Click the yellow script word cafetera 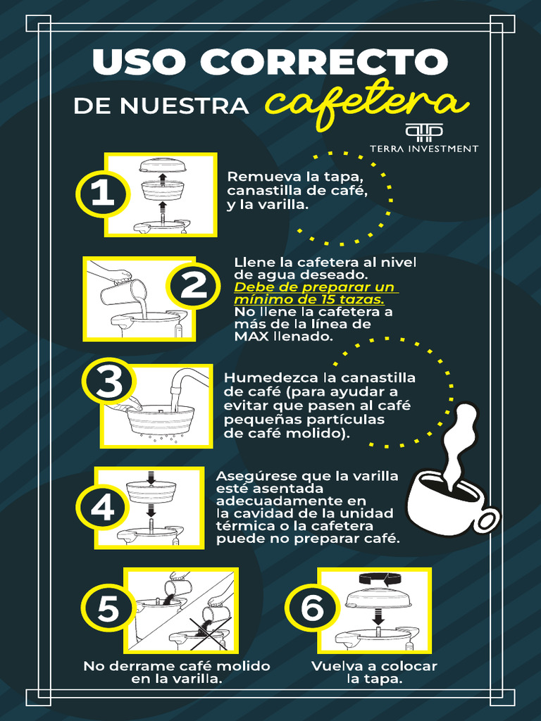366,104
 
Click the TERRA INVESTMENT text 424,149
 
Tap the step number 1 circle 103,194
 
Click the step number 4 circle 102,508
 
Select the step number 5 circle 108,609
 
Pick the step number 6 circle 311,609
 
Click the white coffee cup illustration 451,500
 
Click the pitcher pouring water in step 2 124,291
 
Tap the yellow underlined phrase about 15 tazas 316,293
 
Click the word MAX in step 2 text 247,337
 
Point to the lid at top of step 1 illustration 162,165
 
